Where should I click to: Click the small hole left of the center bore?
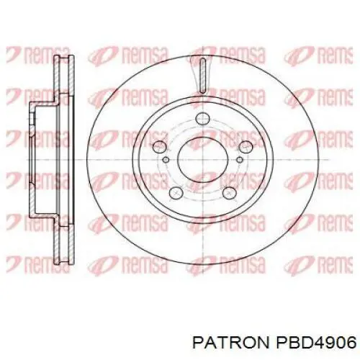[x=166, y=160]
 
